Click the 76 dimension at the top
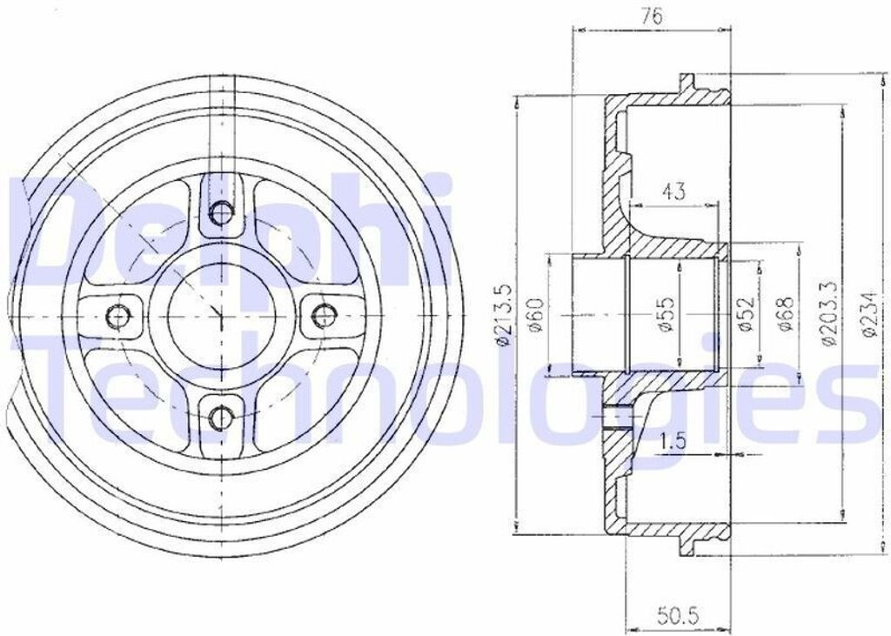coord(652,17)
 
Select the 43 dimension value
coord(674,191)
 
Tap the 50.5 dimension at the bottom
coord(677,614)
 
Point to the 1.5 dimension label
coord(674,439)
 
